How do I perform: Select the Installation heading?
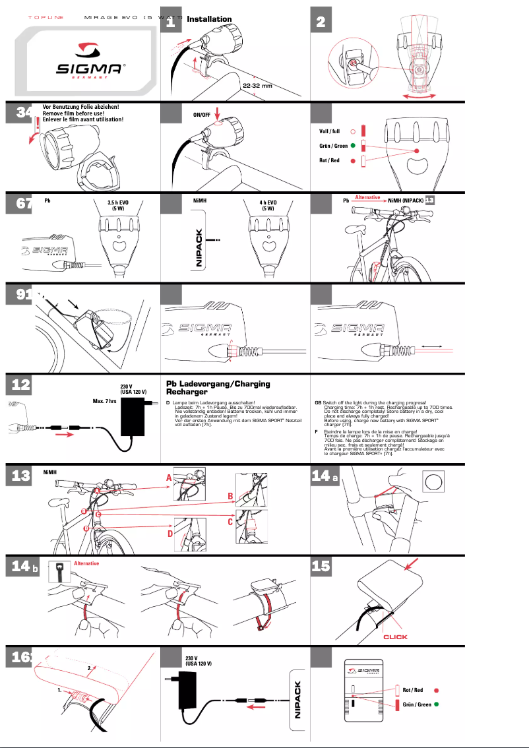[209, 20]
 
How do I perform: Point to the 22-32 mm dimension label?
[257, 86]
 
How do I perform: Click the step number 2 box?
[321, 22]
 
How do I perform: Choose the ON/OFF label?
[202, 115]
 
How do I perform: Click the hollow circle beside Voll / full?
[354, 132]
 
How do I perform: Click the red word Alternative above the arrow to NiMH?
[367, 197]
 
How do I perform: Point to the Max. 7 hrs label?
[104, 400]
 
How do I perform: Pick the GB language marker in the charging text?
[318, 402]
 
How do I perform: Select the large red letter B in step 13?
[230, 496]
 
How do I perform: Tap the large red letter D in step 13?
[170, 533]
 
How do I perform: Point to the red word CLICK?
[396, 637]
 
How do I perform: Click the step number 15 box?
[321, 566]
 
